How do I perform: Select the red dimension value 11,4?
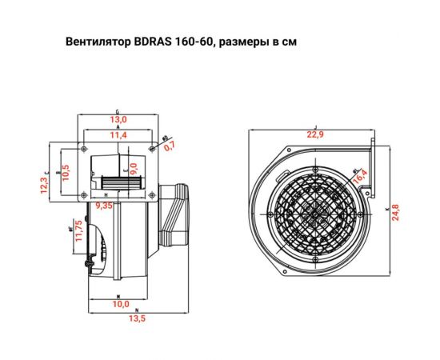click(118, 136)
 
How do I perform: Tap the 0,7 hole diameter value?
click(168, 146)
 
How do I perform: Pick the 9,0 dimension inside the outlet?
click(134, 169)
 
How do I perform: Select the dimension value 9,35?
click(103, 205)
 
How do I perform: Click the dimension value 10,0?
click(120, 305)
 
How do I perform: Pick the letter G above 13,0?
click(118, 111)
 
